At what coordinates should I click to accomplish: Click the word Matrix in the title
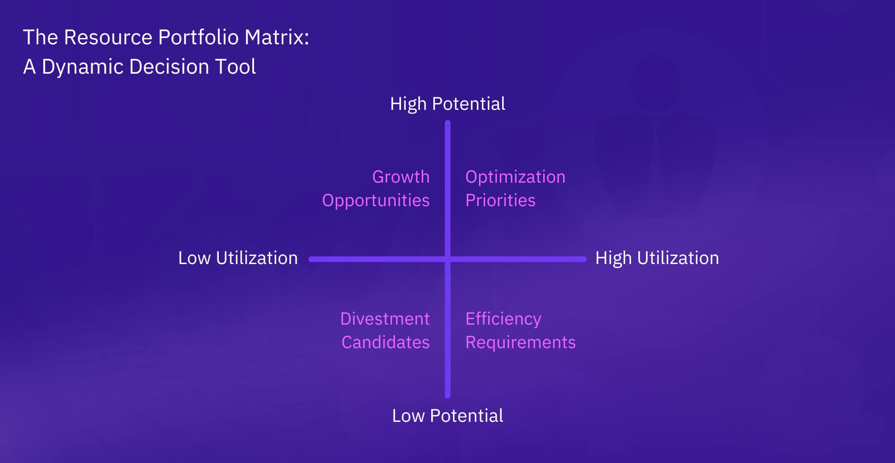tap(277, 37)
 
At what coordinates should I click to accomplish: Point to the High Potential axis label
tap(447, 104)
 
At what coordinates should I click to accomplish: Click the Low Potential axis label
tap(447, 416)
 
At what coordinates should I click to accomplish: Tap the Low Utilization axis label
tap(238, 258)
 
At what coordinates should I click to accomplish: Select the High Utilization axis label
tap(657, 258)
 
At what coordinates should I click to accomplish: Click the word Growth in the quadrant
tap(401, 177)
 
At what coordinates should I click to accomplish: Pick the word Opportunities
tap(376, 201)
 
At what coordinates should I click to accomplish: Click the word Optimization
tap(515, 177)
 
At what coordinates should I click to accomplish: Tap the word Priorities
tap(500, 200)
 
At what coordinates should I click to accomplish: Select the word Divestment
tap(385, 319)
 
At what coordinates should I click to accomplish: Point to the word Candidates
tap(386, 342)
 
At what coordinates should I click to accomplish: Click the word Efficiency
tap(503, 319)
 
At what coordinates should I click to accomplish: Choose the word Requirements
tap(520, 343)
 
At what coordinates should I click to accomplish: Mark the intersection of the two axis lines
tap(447, 259)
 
